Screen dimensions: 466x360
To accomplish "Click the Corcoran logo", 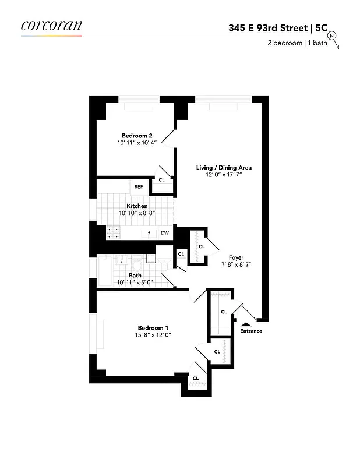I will tap(51, 26).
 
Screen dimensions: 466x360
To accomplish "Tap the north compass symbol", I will tap(332, 36).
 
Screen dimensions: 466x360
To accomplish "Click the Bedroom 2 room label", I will tap(137, 135).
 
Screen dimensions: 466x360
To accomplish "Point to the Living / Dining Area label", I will tap(224, 168).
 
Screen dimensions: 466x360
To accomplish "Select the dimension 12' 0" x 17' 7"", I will tap(224, 175).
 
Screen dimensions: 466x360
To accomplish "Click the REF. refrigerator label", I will tap(139, 187).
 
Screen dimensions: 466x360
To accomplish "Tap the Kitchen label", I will tap(137, 206).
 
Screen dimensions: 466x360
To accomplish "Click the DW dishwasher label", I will tap(165, 234).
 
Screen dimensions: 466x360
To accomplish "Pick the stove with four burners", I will tap(113, 234).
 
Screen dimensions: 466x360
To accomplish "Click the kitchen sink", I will tap(150, 234).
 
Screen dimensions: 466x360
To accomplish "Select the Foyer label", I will tap(236, 257).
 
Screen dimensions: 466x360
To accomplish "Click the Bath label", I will tap(135, 276).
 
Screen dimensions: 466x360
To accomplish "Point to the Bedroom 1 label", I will tap(154, 327).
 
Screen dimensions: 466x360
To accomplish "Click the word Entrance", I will tap(251, 331).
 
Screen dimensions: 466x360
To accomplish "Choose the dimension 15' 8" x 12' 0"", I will tap(154, 334).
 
